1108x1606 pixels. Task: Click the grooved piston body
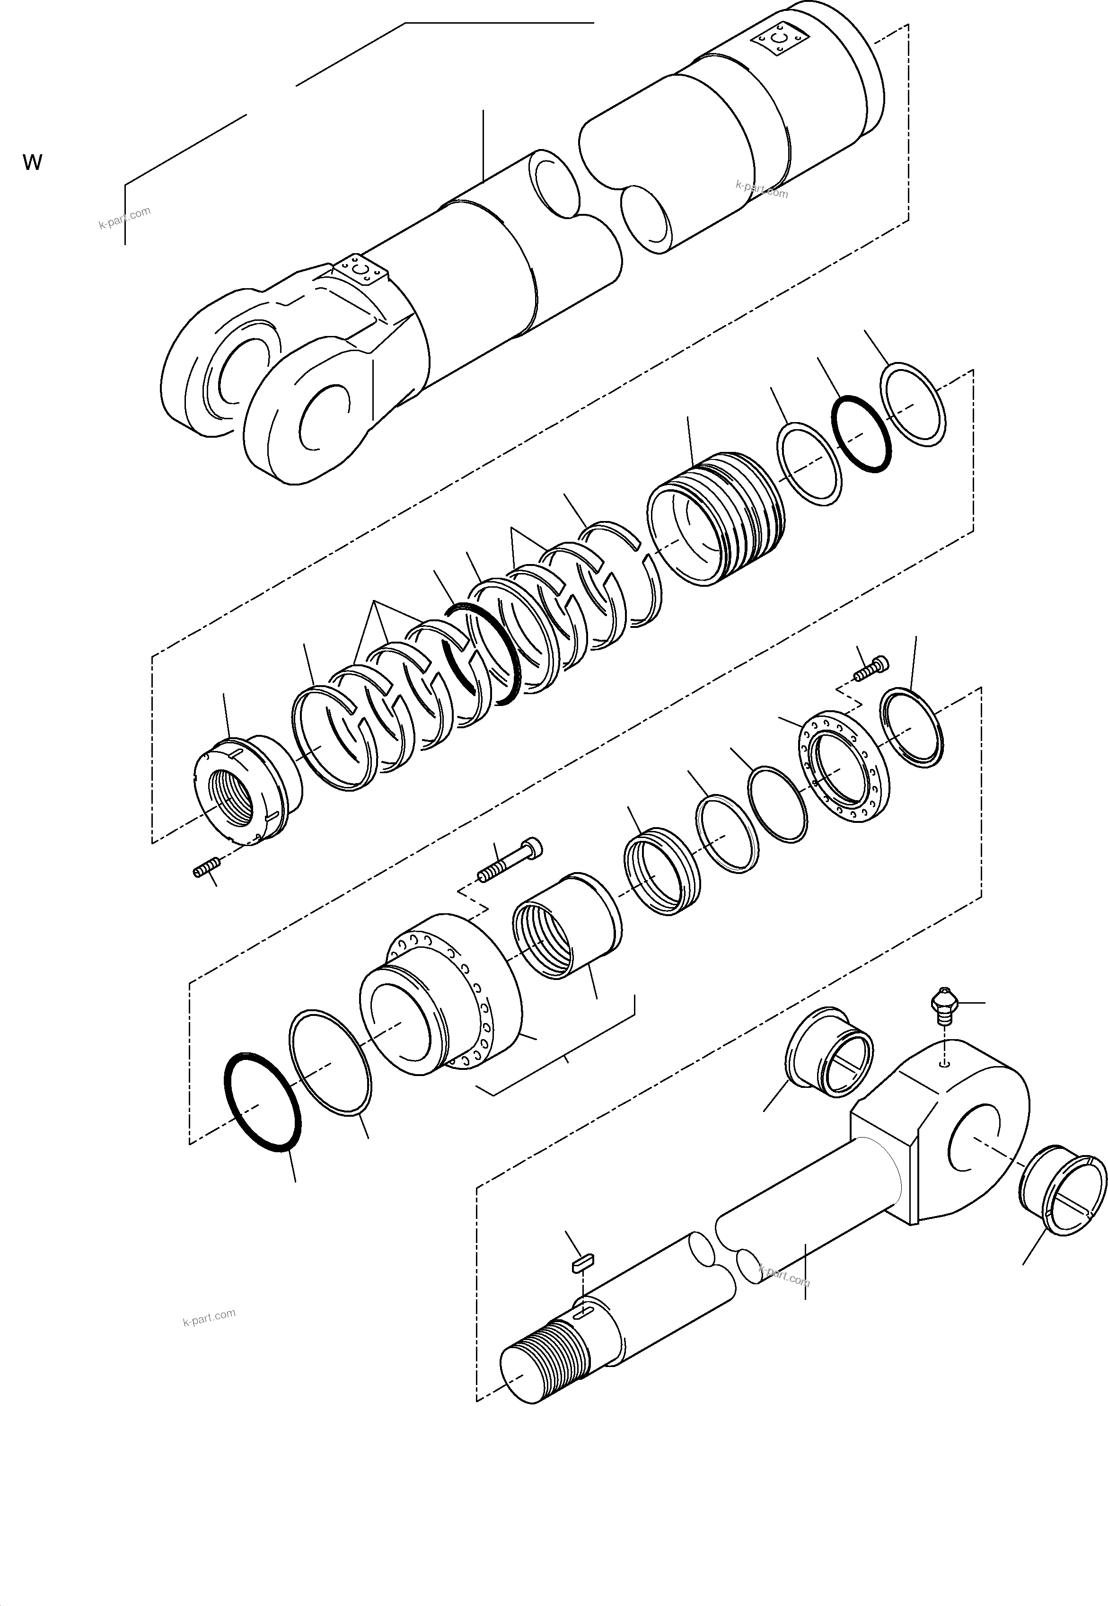(x=715, y=517)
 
